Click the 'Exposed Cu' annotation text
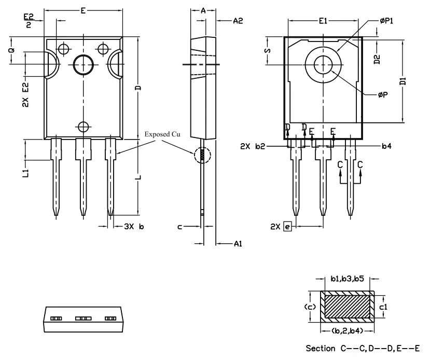[162, 134]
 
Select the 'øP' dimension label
[384, 95]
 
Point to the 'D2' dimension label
[377, 59]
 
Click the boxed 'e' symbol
[288, 227]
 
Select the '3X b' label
[133, 227]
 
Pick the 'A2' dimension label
[238, 21]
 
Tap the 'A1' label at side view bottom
[238, 243]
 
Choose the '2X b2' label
[253, 147]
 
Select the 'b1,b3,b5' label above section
[346, 279]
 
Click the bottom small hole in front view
[83, 126]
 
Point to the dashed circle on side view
[203, 155]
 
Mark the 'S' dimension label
[268, 51]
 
